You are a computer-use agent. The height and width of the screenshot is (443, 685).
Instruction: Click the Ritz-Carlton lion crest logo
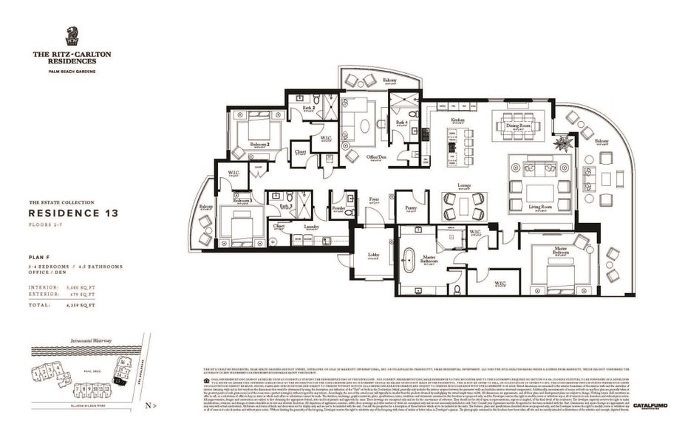tap(72, 36)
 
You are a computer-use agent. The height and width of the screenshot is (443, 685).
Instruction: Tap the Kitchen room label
tap(457, 119)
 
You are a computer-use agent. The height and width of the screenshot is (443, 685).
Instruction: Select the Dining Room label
tap(519, 126)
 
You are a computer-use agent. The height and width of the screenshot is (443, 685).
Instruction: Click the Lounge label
tap(464, 185)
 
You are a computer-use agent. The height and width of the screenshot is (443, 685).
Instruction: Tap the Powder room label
tap(339, 208)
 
